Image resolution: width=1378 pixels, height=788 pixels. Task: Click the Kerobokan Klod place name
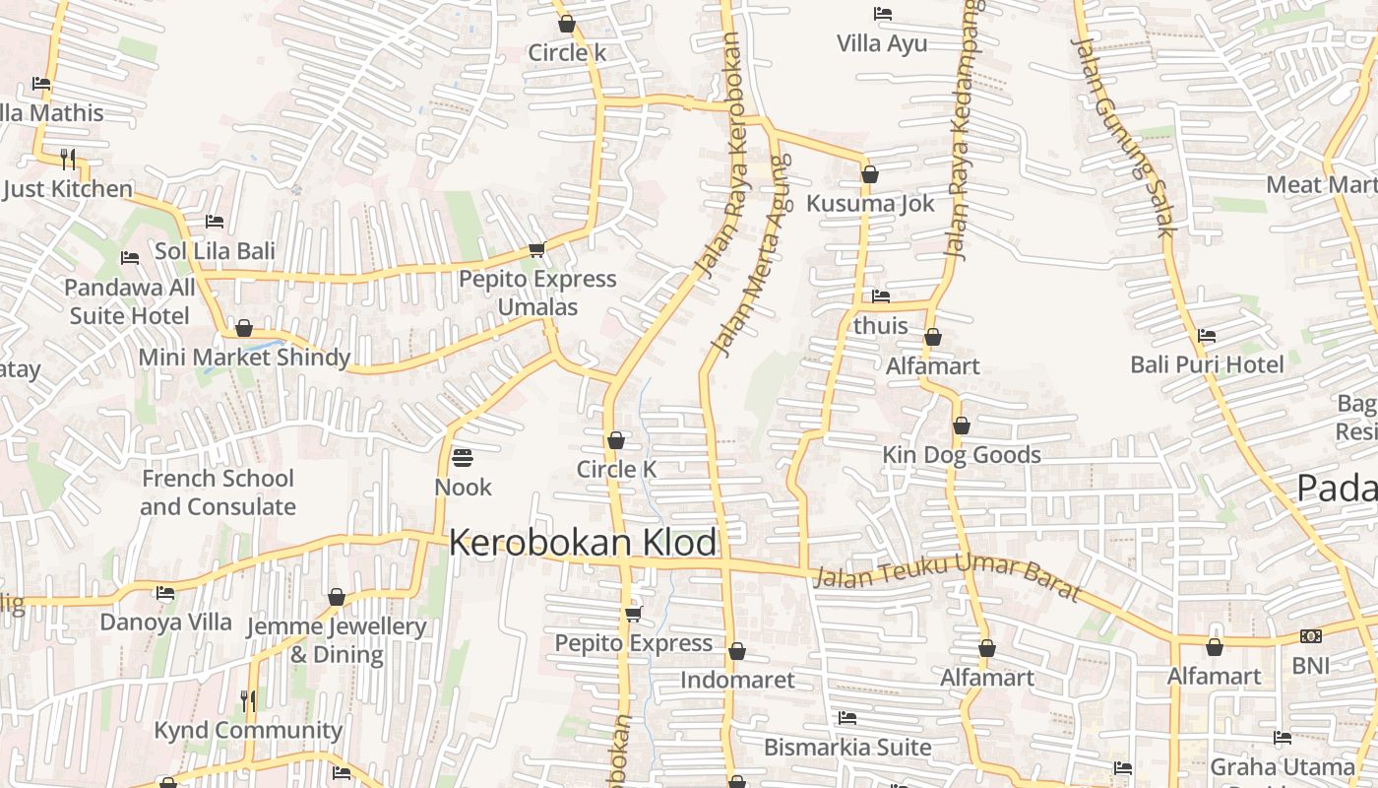(x=583, y=543)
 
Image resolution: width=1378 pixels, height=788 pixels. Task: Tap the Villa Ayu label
(x=882, y=43)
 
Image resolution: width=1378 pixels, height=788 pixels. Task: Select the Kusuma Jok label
(x=870, y=204)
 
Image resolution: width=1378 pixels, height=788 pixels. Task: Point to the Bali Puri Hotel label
(x=1207, y=364)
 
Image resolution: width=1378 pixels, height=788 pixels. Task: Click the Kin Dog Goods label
(x=962, y=455)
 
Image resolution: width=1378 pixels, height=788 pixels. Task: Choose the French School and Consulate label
(x=218, y=492)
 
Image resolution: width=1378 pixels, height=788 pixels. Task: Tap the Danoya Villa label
(x=165, y=623)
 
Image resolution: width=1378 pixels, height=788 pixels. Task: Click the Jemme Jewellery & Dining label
(x=336, y=640)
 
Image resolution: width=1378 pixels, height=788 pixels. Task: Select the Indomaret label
(x=737, y=680)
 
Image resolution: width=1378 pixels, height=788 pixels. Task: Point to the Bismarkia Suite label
(x=847, y=748)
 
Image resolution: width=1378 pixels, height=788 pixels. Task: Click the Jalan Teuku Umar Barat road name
(x=947, y=578)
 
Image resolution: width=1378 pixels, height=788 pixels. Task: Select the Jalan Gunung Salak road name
(x=1123, y=137)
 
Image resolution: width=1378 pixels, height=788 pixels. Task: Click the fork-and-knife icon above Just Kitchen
(x=68, y=159)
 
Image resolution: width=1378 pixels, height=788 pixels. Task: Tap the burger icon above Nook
(x=463, y=458)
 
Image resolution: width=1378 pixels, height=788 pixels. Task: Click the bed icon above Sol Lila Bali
(x=215, y=222)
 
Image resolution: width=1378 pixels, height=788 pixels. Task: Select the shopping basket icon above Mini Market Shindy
(x=244, y=328)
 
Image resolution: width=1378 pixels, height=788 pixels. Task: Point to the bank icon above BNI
(x=1310, y=636)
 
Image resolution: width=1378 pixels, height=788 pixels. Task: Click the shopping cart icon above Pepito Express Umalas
(x=536, y=250)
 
